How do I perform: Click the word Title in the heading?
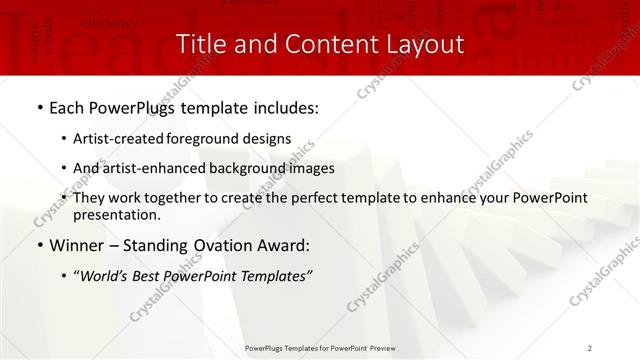[x=201, y=45]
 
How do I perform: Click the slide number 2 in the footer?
[x=590, y=347]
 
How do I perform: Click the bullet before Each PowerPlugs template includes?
[x=39, y=106]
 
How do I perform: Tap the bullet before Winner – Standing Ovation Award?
[x=39, y=245]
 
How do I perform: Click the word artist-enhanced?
[x=153, y=168]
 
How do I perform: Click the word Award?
[x=282, y=245]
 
